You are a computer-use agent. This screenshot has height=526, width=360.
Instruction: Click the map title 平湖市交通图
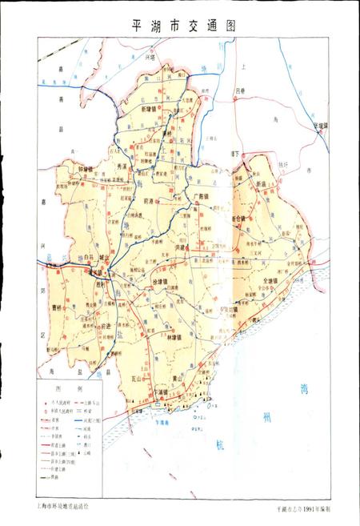(x=179, y=25)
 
